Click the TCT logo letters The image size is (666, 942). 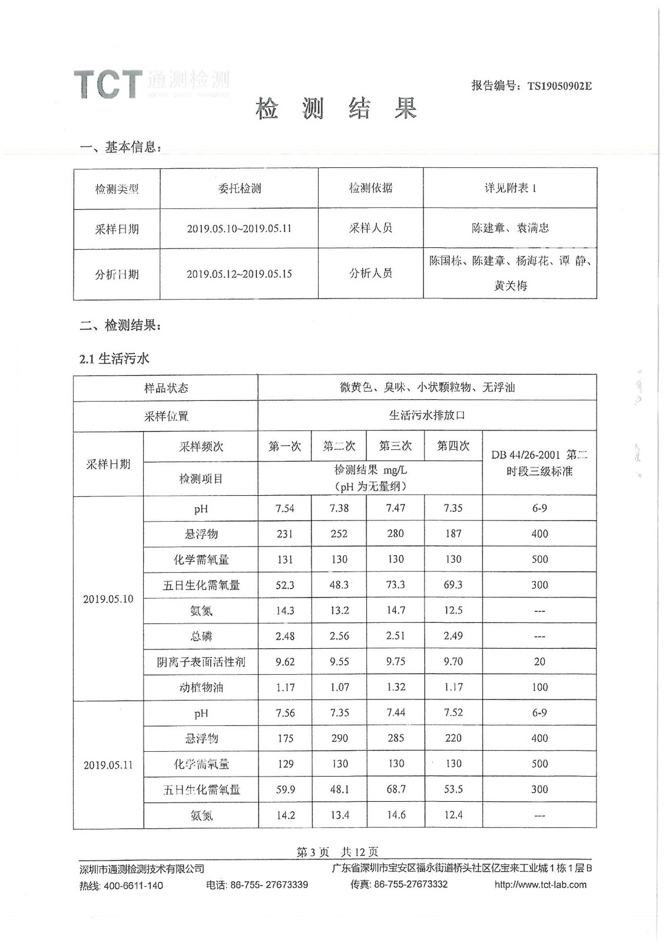point(108,84)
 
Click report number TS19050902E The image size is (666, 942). point(559,86)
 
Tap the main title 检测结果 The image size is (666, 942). point(336,109)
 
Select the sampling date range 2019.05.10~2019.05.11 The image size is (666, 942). point(239,228)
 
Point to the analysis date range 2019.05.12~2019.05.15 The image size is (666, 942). point(239,274)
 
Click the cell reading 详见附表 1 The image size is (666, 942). point(510,188)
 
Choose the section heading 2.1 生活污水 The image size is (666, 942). point(114,359)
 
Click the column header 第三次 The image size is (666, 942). point(395,446)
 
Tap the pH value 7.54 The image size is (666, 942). point(285,508)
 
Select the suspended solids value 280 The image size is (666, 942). point(395,533)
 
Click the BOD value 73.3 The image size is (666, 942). point(395,585)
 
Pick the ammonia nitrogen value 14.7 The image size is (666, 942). point(395,611)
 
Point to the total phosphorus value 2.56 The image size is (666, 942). point(339,636)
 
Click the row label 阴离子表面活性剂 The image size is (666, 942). point(201,662)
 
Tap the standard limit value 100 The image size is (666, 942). point(539,687)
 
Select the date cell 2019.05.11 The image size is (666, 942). point(108,765)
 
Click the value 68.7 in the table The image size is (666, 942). point(396,789)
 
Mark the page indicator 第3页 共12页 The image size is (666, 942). point(337,852)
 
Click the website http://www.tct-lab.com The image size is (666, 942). point(541,884)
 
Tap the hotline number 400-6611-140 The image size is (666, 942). point(134,885)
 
